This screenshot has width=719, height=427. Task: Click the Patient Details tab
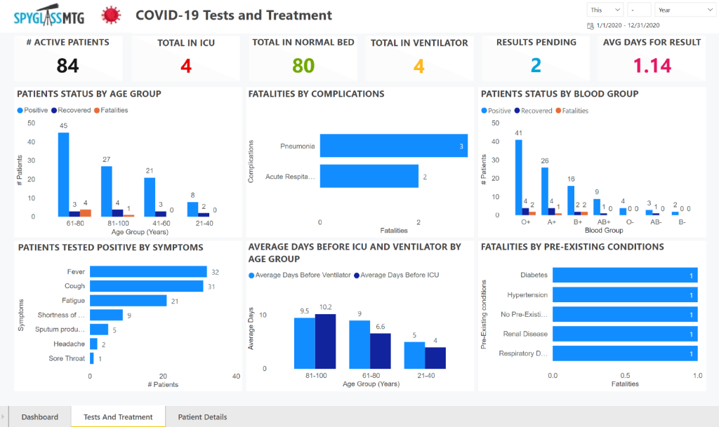202,417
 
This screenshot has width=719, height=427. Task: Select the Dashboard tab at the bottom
39,417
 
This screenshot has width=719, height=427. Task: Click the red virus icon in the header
110,15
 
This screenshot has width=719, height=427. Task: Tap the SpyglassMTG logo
48,15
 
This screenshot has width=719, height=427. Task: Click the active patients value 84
67,66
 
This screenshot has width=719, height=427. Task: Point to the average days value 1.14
652,66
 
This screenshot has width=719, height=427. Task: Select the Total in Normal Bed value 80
303,66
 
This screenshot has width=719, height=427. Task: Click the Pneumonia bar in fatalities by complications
394,146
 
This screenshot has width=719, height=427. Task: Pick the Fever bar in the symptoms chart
148,272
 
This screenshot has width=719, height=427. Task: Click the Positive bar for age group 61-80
63,174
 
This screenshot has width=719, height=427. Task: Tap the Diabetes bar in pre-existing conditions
624,276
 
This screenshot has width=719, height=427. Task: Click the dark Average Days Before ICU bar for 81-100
326,341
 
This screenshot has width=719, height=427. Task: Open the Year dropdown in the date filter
685,11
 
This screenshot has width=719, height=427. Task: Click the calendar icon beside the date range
590,26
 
